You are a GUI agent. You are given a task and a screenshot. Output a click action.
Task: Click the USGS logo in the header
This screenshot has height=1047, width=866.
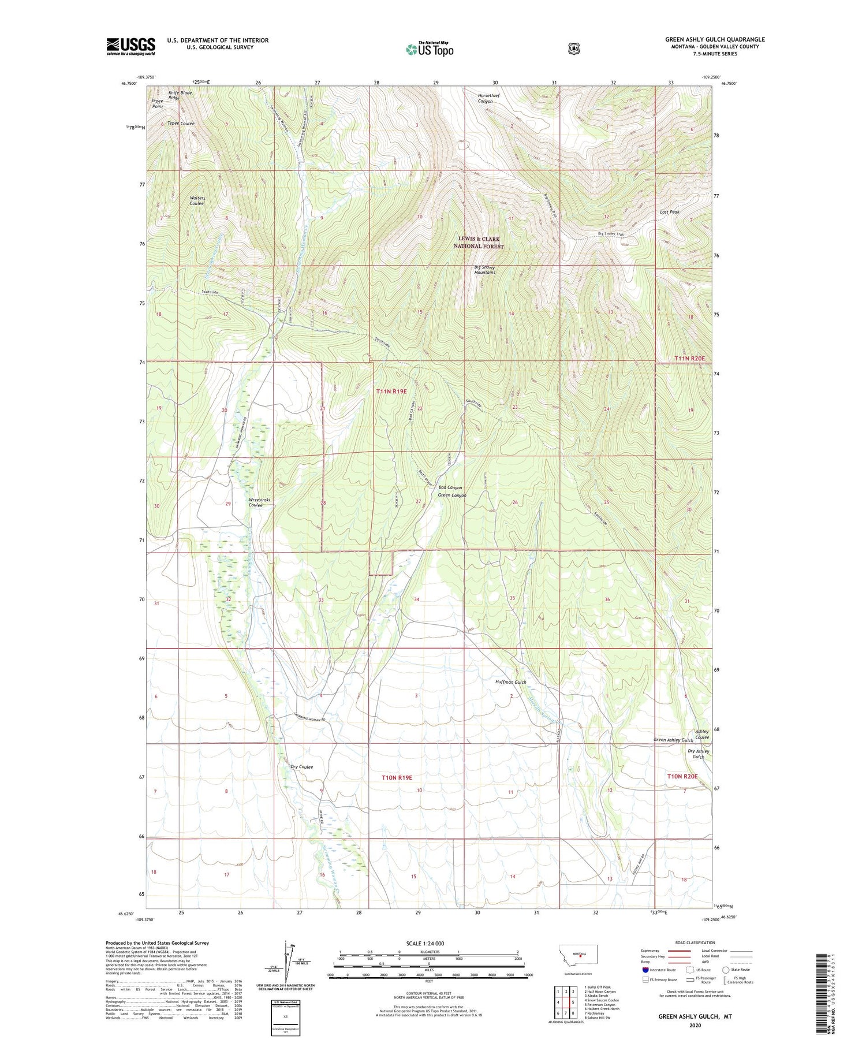point(130,46)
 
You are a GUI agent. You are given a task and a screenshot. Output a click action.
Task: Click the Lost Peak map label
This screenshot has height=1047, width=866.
point(670,212)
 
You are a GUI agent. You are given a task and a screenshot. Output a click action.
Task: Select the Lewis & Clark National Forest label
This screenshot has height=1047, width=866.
point(479,243)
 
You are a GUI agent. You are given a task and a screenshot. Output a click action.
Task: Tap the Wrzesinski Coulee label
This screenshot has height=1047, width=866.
point(256,502)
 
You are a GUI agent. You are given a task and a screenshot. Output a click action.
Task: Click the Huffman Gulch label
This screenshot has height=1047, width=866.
point(511,682)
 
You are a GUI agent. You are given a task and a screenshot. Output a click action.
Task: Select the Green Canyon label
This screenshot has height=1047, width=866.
point(452,495)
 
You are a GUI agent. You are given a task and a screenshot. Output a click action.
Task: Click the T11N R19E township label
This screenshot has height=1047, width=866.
point(391,392)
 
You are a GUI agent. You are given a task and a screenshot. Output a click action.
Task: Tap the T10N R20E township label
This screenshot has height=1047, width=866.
point(682,777)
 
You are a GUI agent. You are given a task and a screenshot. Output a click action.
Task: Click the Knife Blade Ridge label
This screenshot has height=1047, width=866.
point(180,95)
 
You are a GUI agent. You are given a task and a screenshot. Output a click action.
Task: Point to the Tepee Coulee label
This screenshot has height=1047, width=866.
point(181,123)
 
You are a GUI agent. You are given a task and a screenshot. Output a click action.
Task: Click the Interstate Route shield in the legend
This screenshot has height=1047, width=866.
point(645,970)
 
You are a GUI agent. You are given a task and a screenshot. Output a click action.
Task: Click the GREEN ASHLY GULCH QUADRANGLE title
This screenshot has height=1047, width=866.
point(715,39)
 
